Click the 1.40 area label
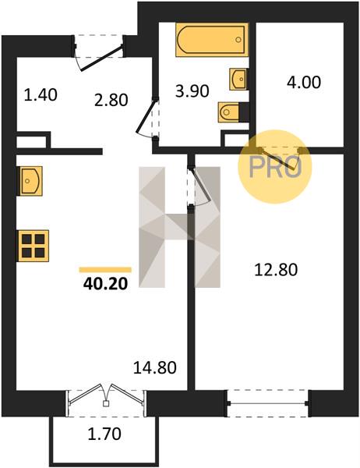41,95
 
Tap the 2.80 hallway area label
111,100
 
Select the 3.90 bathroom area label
192,91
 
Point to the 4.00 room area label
304,82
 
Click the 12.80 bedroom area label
276,270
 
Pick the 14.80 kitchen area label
155,367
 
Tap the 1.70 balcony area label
104,434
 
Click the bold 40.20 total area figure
105,284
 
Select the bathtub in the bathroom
212,40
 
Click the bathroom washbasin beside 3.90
238,79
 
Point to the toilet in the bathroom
229,112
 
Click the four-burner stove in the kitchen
33,246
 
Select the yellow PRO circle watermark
275,167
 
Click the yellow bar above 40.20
105,270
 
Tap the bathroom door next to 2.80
147,119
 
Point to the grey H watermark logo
179,227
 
